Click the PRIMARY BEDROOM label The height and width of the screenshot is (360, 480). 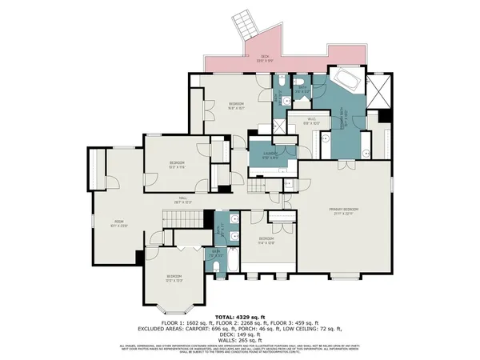[x=345, y=210]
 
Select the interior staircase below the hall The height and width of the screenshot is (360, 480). [x=182, y=217]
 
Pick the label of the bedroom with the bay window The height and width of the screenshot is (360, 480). [x=169, y=278]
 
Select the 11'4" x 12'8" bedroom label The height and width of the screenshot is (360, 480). [x=266, y=240]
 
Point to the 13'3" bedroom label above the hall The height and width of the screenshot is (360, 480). [x=177, y=165]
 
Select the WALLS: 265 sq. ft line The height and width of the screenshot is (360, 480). [x=239, y=338]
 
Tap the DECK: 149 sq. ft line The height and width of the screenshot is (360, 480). [x=239, y=334]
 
